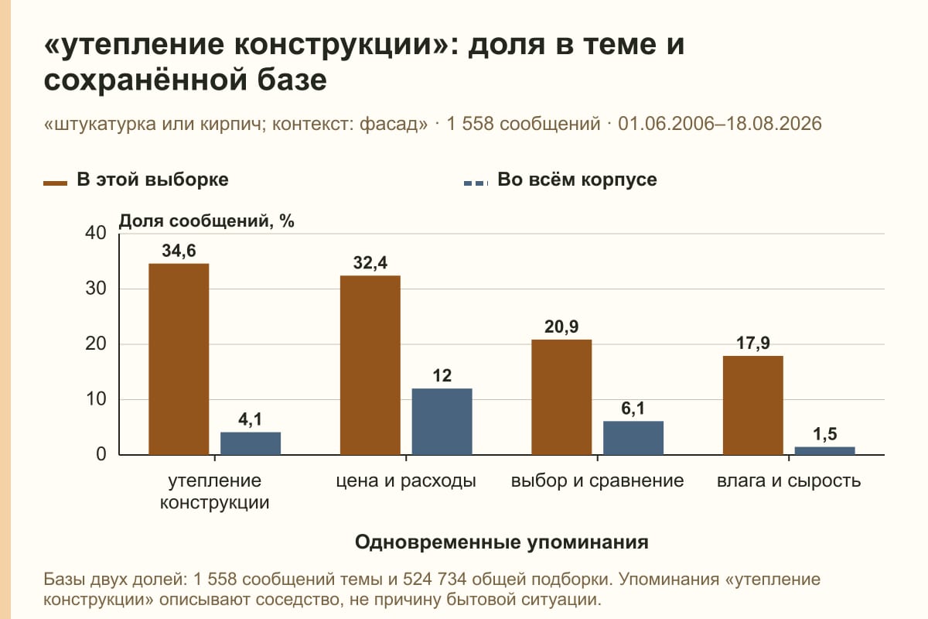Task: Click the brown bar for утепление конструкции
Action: pos(179,359)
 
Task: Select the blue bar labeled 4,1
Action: pos(251,443)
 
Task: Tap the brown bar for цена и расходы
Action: pos(370,365)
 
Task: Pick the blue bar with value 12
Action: pos(442,422)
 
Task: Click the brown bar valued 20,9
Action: pos(561,397)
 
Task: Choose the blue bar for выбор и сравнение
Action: pos(633,438)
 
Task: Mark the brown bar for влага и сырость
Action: pos(753,405)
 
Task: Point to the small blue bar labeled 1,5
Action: pos(825,450)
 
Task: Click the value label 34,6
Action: pos(179,251)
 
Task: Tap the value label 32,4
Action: pos(370,263)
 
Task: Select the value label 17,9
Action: pos(753,344)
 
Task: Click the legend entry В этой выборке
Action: pos(136,180)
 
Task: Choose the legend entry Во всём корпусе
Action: pos(560,180)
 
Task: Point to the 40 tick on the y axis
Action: pos(96,233)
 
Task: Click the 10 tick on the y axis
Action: pos(96,399)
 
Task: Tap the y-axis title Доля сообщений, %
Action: pos(206,221)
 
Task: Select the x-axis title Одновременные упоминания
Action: pos(502,542)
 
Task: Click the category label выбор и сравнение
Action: pos(597,481)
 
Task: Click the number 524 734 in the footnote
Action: pos(435,580)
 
